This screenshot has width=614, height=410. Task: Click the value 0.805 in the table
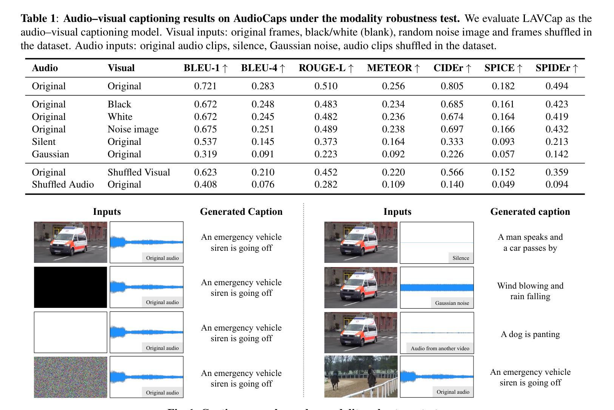point(452,86)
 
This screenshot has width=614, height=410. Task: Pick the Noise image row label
point(133,129)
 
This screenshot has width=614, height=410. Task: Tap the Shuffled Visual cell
point(139,172)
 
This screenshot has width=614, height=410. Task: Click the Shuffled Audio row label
point(63,185)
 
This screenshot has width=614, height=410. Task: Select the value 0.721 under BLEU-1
point(205,86)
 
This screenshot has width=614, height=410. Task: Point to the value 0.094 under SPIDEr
point(557,185)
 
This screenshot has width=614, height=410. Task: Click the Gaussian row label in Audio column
point(51,154)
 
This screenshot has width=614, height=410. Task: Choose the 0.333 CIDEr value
point(452,142)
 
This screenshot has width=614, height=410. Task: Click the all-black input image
point(71,287)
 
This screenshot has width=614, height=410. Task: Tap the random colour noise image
point(71,377)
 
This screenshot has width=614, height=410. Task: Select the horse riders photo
point(361,376)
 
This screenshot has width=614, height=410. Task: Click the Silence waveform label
point(461,258)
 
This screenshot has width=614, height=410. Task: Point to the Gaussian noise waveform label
point(452,303)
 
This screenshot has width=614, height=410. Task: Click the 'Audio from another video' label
point(440,348)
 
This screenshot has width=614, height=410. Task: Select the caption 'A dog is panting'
point(530,334)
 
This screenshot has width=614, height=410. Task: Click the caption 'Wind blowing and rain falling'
point(530,291)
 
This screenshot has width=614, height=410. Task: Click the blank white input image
point(71,332)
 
